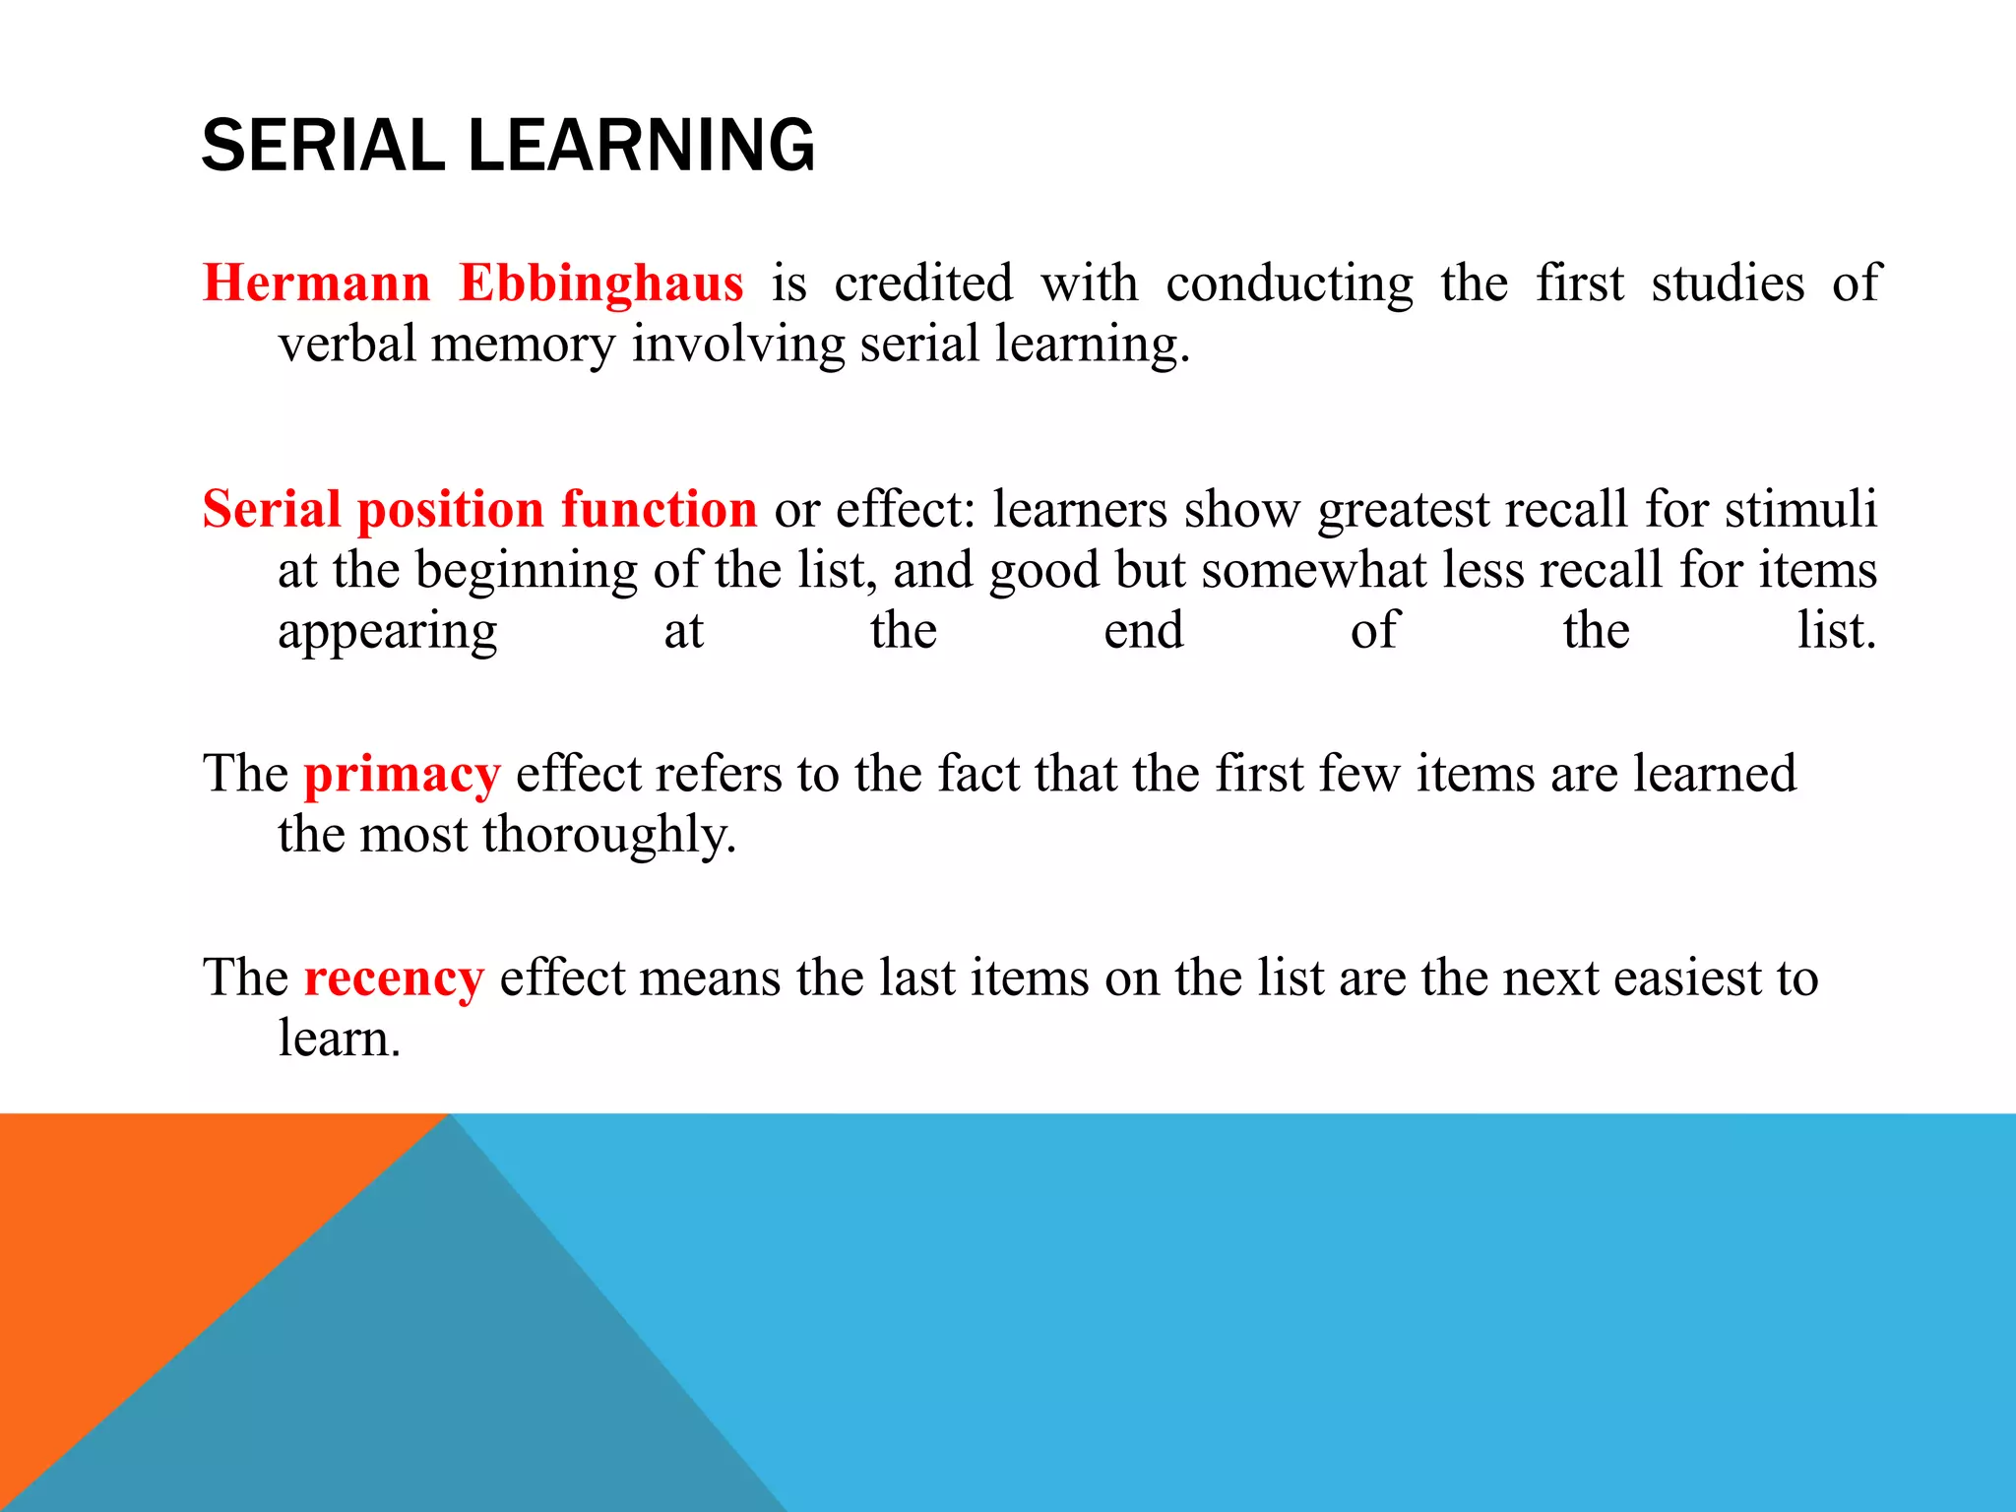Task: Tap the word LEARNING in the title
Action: pos(641,146)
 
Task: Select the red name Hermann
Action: pos(316,283)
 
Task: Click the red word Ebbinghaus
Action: pos(600,283)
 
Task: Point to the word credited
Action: pos(923,283)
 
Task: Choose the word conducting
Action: pos(1290,283)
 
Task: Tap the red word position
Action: pos(450,510)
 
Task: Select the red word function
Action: pos(659,510)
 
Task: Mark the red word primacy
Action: pos(402,775)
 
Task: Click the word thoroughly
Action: pos(609,835)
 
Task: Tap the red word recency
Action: pos(394,978)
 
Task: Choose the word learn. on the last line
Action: pos(340,1039)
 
